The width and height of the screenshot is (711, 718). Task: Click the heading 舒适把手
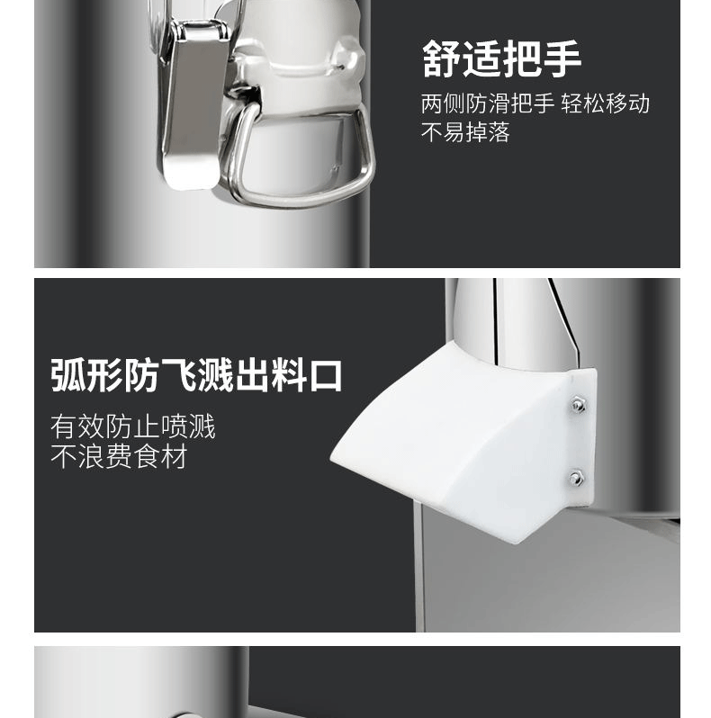[501, 58]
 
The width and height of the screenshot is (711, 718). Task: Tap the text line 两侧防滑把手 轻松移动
[535, 103]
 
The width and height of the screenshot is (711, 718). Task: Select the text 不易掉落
[465, 132]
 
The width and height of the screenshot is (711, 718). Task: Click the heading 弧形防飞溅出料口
[196, 375]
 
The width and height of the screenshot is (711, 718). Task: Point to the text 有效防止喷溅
[133, 426]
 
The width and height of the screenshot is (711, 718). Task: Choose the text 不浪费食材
[119, 456]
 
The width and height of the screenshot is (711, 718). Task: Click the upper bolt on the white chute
[578, 405]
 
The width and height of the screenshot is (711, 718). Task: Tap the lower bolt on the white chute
[576, 479]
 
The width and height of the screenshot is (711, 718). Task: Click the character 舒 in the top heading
[441, 58]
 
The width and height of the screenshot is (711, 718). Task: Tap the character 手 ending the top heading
[562, 58]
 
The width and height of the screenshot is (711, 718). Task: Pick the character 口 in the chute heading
[326, 376]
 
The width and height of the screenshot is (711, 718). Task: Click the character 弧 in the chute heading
[67, 375]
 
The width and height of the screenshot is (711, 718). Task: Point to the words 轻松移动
[606, 103]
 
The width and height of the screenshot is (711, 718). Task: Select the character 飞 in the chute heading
[178, 375]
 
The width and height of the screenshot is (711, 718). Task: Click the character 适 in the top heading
[481, 58]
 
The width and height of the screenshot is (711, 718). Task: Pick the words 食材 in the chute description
[161, 456]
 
